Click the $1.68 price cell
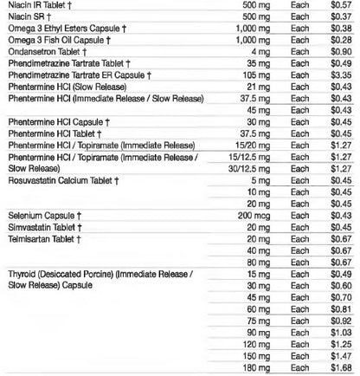coord(341,367)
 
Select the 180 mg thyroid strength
coord(250,367)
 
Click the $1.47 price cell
coord(341,355)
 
